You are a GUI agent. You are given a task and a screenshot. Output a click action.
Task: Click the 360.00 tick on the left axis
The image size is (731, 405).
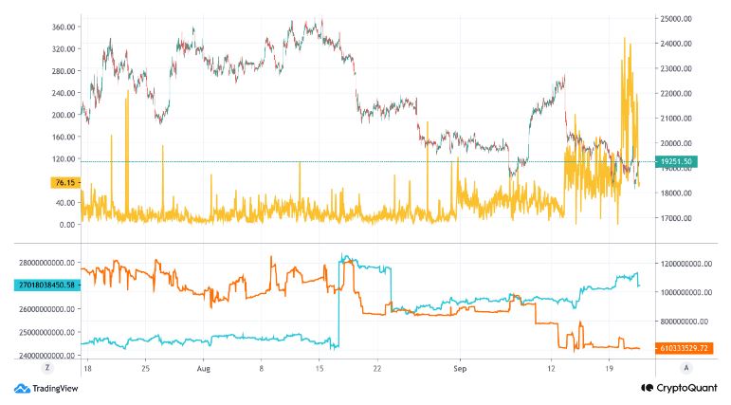click(x=62, y=27)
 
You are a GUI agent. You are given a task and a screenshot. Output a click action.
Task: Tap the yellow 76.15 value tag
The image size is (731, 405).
click(x=63, y=183)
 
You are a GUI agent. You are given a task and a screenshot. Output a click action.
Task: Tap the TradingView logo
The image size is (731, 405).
click(x=46, y=388)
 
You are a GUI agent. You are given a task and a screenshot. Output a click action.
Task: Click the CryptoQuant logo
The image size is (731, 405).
click(x=679, y=388)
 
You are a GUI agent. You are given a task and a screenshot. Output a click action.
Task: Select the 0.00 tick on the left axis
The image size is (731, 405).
click(x=66, y=225)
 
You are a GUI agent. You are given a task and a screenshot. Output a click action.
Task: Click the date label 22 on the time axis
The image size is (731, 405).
click(x=377, y=365)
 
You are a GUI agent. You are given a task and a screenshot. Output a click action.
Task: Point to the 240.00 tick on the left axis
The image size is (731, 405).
click(x=62, y=93)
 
